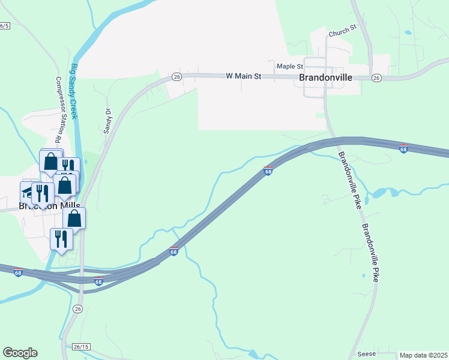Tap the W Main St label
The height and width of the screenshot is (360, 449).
pyautogui.click(x=244, y=76)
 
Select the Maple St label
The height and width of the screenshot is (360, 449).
pyautogui.click(x=288, y=66)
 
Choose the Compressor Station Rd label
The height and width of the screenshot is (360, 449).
pyautogui.click(x=59, y=110)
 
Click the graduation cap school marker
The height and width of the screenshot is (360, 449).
pyautogui.click(x=28, y=192)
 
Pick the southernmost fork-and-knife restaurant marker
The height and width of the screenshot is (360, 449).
pyautogui.click(x=61, y=238)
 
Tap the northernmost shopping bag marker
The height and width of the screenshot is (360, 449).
pyautogui.click(x=50, y=161)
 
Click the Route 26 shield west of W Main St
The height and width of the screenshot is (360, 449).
pyautogui.click(x=176, y=77)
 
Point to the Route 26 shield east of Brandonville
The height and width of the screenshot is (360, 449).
pyautogui.click(x=376, y=78)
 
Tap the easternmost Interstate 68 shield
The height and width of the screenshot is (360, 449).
pyautogui.click(x=403, y=148)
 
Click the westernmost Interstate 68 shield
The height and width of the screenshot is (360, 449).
pyautogui.click(x=18, y=272)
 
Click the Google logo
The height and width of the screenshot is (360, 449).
pyautogui.click(x=20, y=353)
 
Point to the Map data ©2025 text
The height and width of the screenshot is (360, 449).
pyautogui.click(x=423, y=355)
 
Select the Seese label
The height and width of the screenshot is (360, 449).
pyautogui.click(x=366, y=354)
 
